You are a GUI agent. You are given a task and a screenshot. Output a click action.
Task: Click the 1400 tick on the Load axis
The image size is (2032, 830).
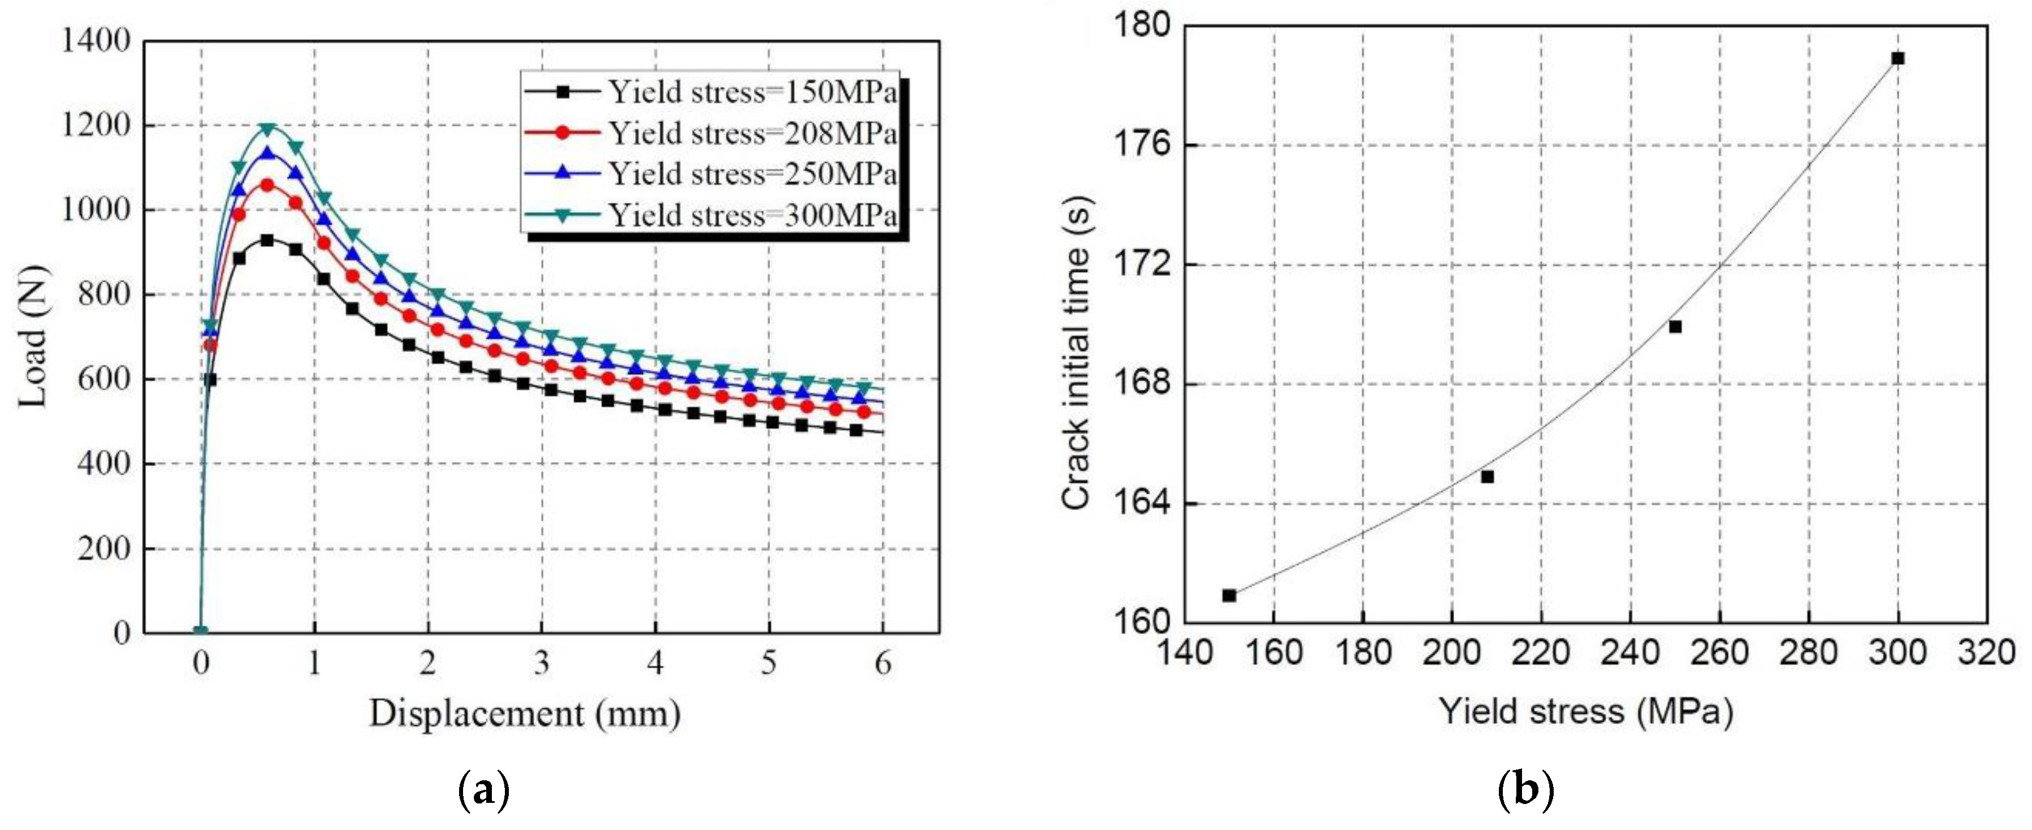click(96, 41)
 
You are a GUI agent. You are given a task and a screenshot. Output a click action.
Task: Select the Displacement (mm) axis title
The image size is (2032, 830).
click(525, 714)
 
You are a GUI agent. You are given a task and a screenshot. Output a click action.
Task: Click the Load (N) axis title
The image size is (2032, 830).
click(33, 337)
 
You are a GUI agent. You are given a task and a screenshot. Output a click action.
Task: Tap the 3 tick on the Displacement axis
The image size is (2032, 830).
click(541, 663)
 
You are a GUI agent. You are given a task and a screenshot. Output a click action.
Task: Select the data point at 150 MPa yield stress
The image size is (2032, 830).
click(1229, 595)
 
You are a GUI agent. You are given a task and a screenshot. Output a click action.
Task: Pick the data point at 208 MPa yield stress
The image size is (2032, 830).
click(1487, 477)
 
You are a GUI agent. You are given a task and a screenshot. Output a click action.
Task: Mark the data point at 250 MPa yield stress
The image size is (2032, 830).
click(1675, 327)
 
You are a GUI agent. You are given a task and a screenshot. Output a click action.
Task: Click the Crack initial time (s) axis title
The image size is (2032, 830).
click(1075, 353)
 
